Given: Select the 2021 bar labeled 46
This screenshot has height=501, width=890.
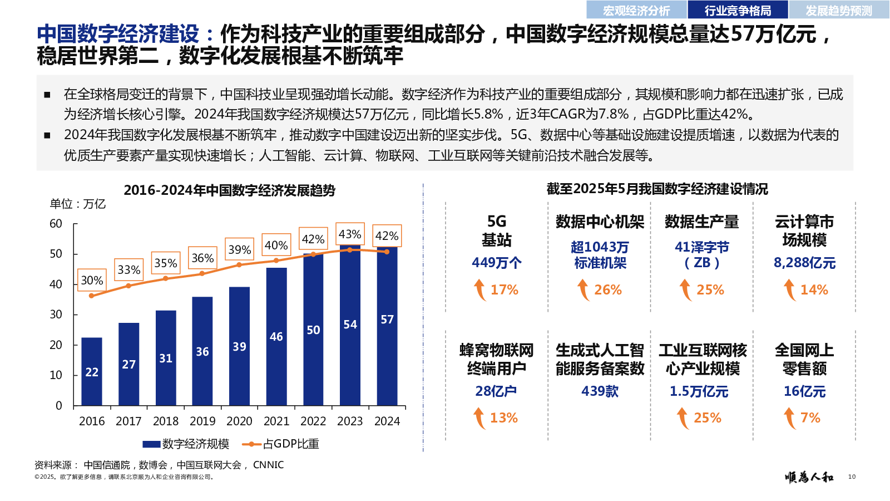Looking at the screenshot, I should pyautogui.click(x=276, y=336).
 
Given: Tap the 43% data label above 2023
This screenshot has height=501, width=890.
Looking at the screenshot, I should pyautogui.click(x=350, y=234).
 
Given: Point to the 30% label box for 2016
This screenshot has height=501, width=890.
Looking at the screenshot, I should pyautogui.click(x=92, y=280).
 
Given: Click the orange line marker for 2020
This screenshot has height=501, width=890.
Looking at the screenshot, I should pyautogui.click(x=239, y=265).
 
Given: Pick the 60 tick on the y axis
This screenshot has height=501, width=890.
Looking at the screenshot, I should pyautogui.click(x=56, y=224).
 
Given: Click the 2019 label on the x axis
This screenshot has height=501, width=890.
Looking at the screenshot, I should pyautogui.click(x=202, y=421).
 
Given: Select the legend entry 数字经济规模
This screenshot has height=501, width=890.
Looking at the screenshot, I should pyautogui.click(x=186, y=444).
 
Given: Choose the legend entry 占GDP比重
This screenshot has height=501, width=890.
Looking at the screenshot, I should pyautogui.click(x=281, y=444).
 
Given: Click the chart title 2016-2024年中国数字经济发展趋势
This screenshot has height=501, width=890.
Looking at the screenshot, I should pyautogui.click(x=229, y=190).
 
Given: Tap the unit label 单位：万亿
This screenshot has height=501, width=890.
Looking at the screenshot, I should pyautogui.click(x=77, y=204).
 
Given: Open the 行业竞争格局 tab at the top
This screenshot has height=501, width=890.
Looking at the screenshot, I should pyautogui.click(x=738, y=10).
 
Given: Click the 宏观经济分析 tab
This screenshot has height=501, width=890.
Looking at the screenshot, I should pyautogui.click(x=636, y=10).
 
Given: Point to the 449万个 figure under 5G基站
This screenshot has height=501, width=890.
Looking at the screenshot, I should pyautogui.click(x=496, y=263).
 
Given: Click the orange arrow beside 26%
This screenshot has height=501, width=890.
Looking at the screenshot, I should pyautogui.click(x=583, y=290).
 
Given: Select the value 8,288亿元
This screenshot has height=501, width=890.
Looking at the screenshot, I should pyautogui.click(x=804, y=263).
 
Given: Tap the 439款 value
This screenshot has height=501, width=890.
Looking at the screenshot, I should pyautogui.click(x=600, y=391).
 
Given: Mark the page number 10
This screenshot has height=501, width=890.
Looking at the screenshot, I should pyautogui.click(x=852, y=477).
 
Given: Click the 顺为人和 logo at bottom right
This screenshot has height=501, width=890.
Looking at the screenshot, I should pyautogui.click(x=809, y=477).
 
